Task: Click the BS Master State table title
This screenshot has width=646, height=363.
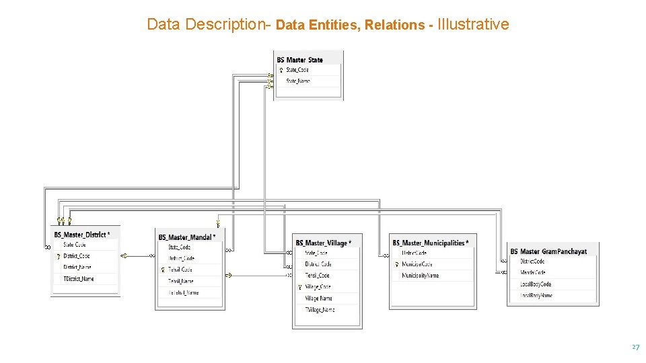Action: pyautogui.click(x=300, y=60)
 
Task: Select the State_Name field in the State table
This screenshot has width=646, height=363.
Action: pyautogui.click(x=298, y=81)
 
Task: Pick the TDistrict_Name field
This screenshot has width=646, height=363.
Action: pyautogui.click(x=79, y=278)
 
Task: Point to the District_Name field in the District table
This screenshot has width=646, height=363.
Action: pyautogui.click(x=77, y=267)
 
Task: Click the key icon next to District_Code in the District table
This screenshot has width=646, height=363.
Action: pyautogui.click(x=59, y=256)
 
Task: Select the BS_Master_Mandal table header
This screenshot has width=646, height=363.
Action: pyautogui.click(x=186, y=237)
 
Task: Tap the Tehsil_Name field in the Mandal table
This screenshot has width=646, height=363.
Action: pyautogui.click(x=181, y=281)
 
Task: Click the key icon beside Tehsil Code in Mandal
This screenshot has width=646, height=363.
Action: pyautogui.click(x=162, y=270)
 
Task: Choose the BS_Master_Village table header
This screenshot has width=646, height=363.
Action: pyautogui.click(x=323, y=243)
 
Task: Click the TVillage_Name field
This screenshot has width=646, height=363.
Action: pyautogui.click(x=320, y=310)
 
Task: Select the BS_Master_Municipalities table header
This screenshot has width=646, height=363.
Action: pyautogui.click(x=430, y=243)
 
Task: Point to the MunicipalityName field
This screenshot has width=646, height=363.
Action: pyautogui.click(x=421, y=276)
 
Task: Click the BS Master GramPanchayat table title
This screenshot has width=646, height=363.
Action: pyautogui.click(x=548, y=251)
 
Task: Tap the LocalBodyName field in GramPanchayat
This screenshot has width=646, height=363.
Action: pyautogui.click(x=536, y=295)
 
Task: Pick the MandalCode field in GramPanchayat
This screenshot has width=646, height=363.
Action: pyautogui.click(x=533, y=273)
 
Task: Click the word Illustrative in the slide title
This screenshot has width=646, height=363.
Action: pyautogui.click(x=473, y=25)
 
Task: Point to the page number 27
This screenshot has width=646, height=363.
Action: pyautogui.click(x=635, y=347)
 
